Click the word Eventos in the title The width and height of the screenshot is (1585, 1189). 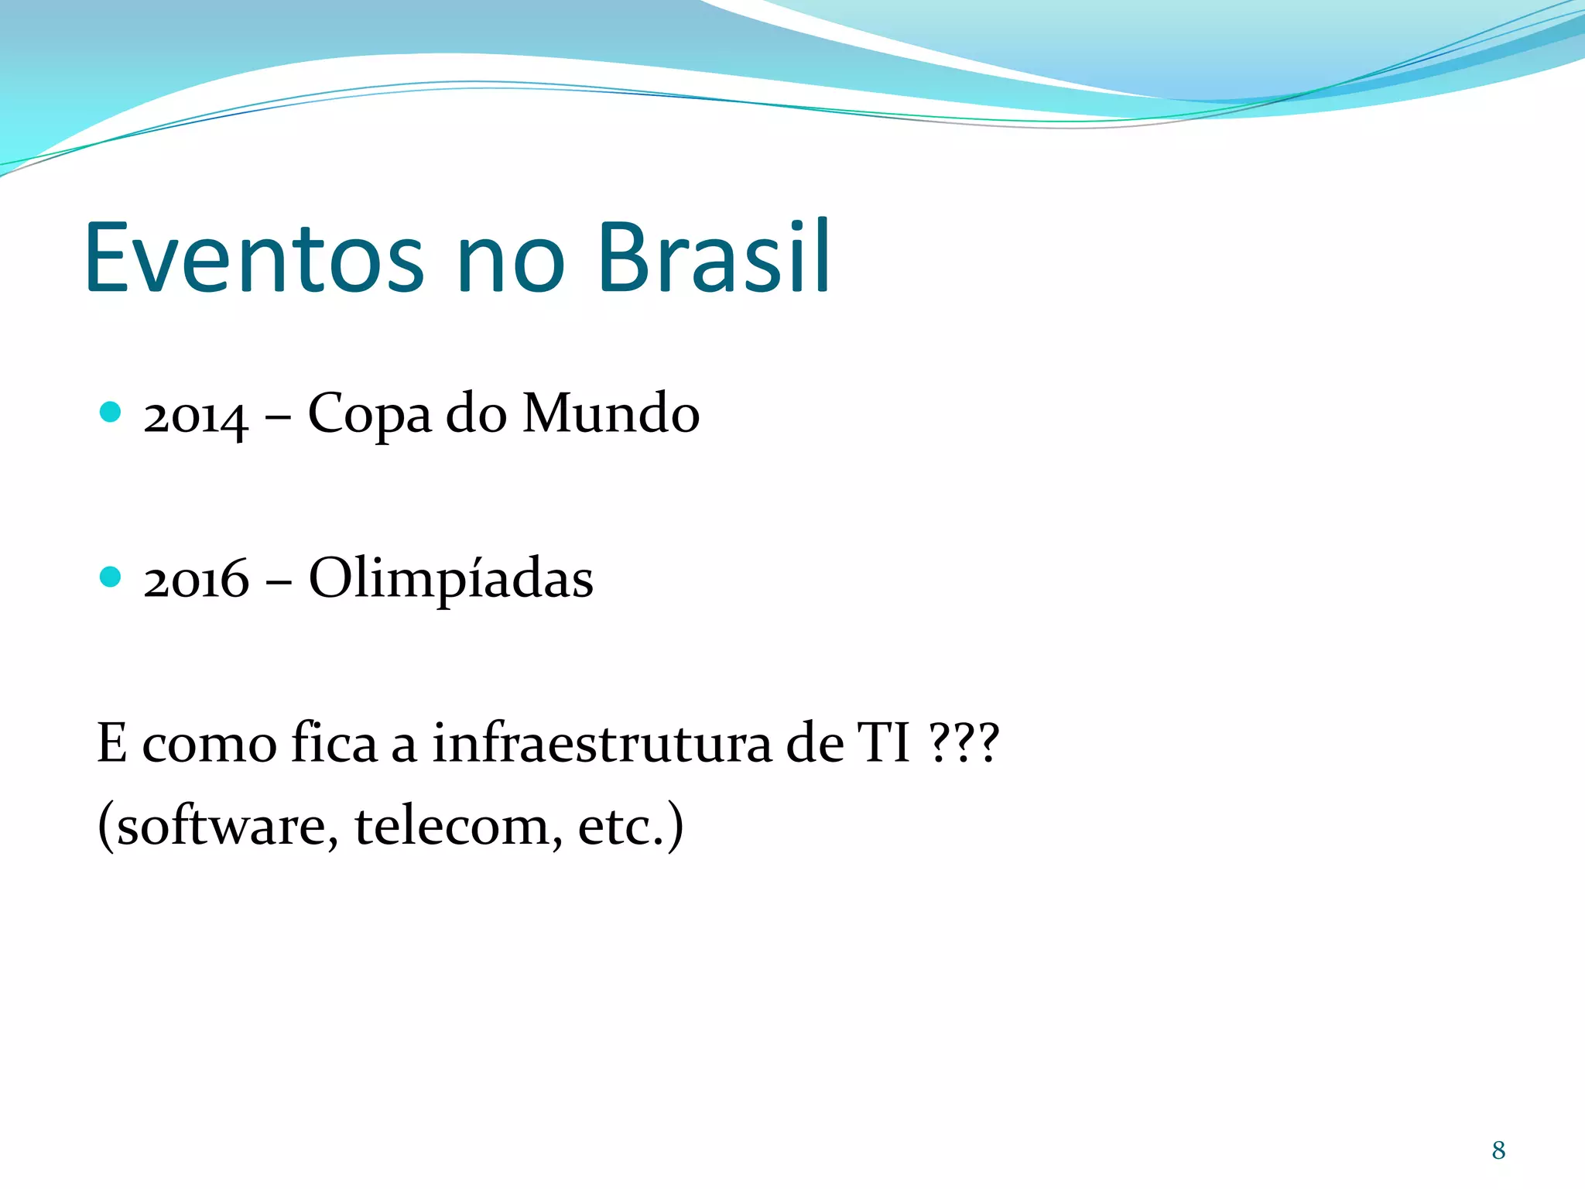click(254, 258)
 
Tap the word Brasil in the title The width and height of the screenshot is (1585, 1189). click(714, 258)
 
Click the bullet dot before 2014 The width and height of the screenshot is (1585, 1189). click(111, 412)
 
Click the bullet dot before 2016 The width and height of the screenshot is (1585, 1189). click(111, 577)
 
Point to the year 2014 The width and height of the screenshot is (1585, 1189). click(196, 416)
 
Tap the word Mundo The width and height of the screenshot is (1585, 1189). click(611, 414)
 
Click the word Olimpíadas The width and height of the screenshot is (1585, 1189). click(450, 579)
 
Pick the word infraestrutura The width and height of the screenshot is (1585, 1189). click(601, 743)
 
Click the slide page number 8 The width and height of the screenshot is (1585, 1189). click(1498, 1150)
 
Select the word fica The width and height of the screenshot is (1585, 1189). click(334, 743)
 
